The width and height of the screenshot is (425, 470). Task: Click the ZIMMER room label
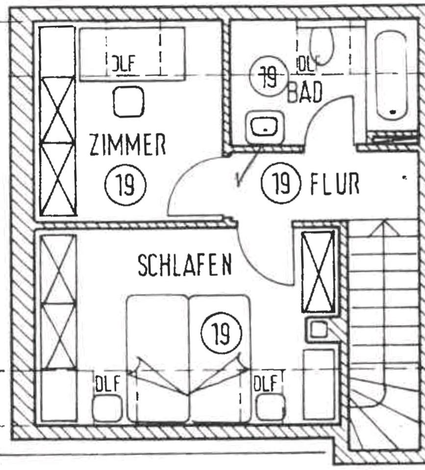[x=127, y=145]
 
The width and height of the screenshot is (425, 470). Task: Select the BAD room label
[x=305, y=92]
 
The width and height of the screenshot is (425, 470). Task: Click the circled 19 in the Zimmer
[x=126, y=185]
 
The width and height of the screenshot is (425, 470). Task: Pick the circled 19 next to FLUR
[x=280, y=184]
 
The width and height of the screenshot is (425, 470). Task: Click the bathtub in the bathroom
[x=392, y=73]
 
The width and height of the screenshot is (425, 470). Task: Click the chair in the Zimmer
[x=128, y=102]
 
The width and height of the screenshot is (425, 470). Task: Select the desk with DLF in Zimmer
[x=132, y=54]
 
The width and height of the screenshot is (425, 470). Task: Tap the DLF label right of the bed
[x=267, y=382]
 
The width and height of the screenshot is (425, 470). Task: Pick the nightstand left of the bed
[x=107, y=408]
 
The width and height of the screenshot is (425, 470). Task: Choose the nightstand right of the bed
[x=270, y=407]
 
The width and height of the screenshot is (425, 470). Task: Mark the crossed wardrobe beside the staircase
[x=318, y=271]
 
